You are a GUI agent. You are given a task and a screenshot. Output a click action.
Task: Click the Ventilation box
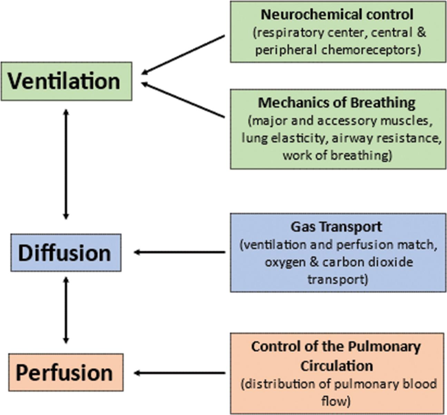66,82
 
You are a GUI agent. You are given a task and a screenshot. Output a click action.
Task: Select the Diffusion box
66,253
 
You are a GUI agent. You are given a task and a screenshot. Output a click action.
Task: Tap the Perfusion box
66,372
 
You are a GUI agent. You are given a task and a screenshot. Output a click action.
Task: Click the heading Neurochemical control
337,15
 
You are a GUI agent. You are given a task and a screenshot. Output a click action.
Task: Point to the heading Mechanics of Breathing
337,103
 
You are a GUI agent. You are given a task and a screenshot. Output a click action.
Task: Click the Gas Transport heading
336,227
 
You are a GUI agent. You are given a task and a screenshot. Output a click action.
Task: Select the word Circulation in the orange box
336,366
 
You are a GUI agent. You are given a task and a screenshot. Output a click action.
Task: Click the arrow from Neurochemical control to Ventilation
183,55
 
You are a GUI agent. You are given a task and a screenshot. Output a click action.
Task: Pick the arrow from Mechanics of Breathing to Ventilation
183,100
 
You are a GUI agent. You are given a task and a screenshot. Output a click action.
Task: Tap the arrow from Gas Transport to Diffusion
179,252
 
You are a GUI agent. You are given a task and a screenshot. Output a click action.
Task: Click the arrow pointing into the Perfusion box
179,373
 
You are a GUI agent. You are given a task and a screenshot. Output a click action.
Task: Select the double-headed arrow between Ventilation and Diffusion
66,164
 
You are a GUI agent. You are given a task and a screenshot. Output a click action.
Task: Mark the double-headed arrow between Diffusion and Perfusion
66,310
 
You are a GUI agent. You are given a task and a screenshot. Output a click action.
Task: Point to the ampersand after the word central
421,32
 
